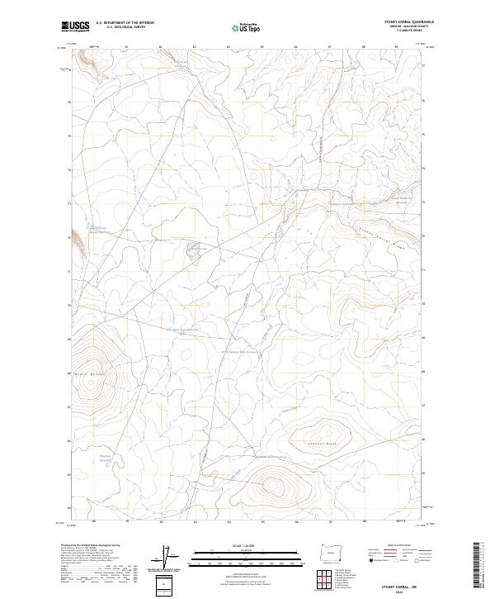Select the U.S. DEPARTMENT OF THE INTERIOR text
click(x=125, y=23)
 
